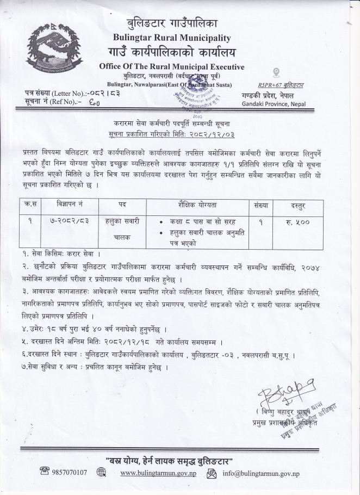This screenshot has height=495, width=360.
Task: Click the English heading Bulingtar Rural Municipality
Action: tap(172, 38)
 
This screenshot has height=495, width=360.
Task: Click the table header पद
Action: tap(122, 205)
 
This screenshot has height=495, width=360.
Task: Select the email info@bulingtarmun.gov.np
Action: tap(261, 473)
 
